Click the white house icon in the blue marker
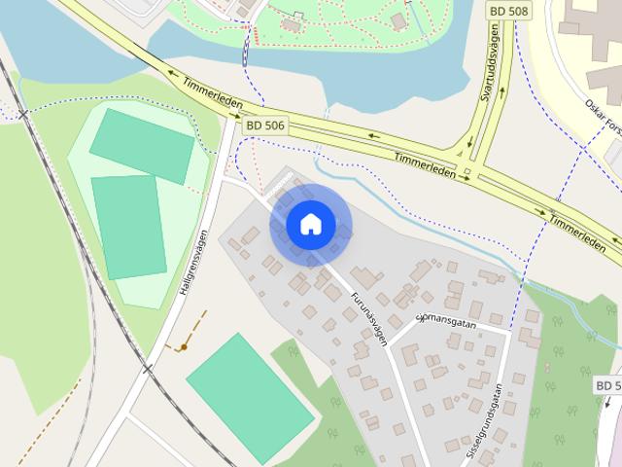(x=310, y=225)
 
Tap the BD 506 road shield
(x=264, y=125)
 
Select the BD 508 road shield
(x=508, y=9)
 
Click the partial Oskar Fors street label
(x=602, y=115)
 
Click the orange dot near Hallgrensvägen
(x=184, y=347)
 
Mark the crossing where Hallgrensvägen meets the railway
(x=148, y=369)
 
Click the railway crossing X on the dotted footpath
(x=23, y=114)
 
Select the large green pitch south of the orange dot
(x=251, y=385)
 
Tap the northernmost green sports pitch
(x=142, y=146)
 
